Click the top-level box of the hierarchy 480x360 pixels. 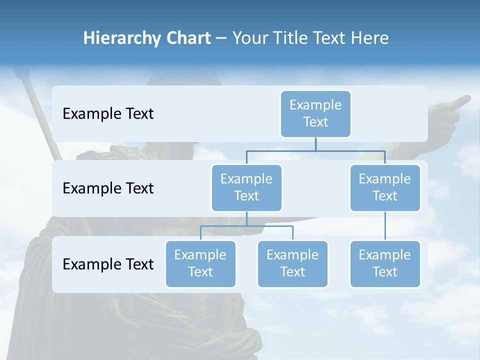click(315, 113)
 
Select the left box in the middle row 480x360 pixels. click(246, 187)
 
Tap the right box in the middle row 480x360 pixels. click(385, 187)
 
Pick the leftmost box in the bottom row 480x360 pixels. click(200, 263)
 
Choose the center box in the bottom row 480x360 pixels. click(292, 263)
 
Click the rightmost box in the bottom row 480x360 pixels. click(385, 263)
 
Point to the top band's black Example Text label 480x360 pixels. click(108, 114)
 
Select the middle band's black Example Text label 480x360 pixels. click(108, 188)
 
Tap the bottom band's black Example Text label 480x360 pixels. click(108, 264)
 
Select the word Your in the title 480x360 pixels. click(248, 38)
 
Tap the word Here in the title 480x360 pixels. click(369, 38)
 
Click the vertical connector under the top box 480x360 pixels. click(315, 144)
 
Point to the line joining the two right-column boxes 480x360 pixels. click(385, 226)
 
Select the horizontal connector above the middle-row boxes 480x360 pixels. click(315, 150)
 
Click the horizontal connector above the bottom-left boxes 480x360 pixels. click(246, 226)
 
